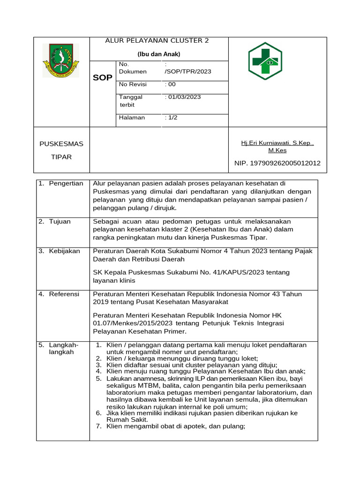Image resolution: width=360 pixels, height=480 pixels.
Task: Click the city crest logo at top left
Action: (61, 60)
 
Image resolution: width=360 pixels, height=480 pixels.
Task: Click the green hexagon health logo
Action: (265, 61)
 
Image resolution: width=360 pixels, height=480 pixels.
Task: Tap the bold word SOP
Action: (102, 78)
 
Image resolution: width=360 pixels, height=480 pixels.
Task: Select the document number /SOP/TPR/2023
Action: (188, 72)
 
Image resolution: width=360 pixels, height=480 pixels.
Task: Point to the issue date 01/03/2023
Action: (184, 97)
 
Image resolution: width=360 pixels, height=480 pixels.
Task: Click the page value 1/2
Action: (172, 118)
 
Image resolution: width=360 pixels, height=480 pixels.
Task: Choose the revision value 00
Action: (171, 84)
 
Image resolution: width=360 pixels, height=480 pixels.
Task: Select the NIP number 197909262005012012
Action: (277, 163)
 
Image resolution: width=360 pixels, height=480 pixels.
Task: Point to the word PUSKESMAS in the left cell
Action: (61, 143)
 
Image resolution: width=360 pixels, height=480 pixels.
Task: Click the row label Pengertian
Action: (66, 183)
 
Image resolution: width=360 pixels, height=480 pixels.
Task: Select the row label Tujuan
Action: (60, 221)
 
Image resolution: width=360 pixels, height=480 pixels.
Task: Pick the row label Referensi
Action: (64, 294)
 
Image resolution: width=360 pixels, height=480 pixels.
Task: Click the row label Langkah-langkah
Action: (64, 348)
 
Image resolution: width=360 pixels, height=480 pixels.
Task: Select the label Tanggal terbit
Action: (131, 101)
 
